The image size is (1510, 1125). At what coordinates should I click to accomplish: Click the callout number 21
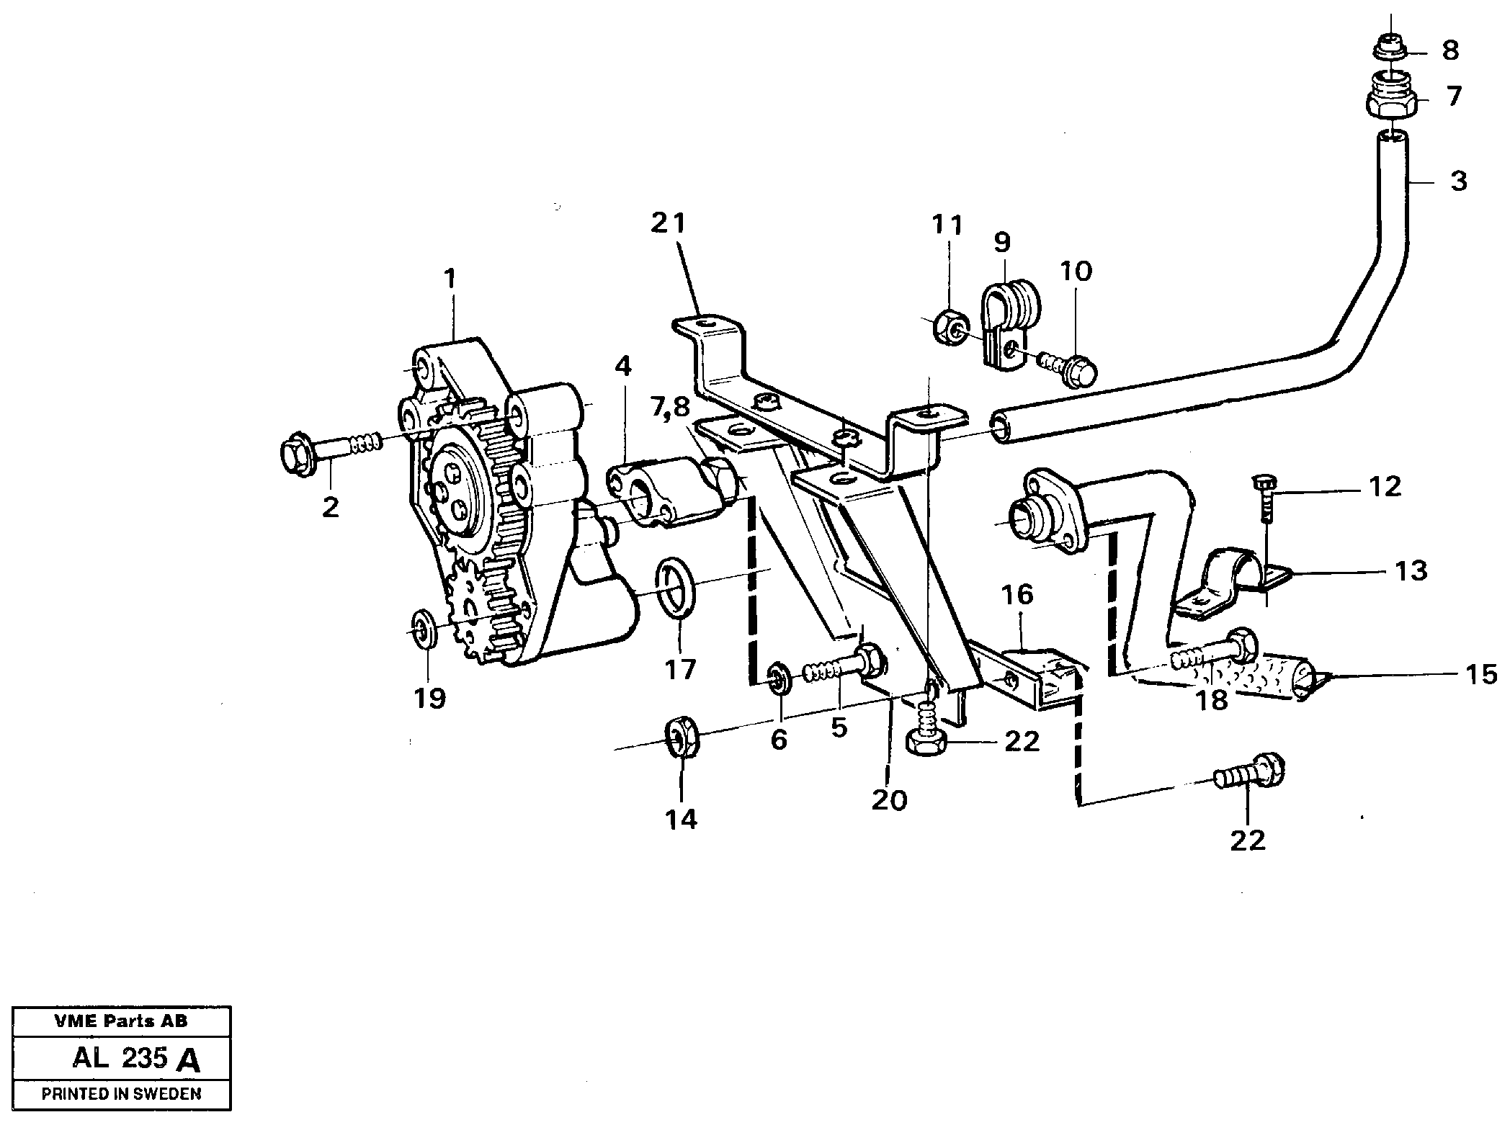click(668, 224)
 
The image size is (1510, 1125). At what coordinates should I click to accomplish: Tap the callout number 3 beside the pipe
click(1458, 181)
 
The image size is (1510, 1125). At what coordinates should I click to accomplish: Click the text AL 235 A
click(135, 1058)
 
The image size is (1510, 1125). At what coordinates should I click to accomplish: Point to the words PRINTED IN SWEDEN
click(121, 1093)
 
